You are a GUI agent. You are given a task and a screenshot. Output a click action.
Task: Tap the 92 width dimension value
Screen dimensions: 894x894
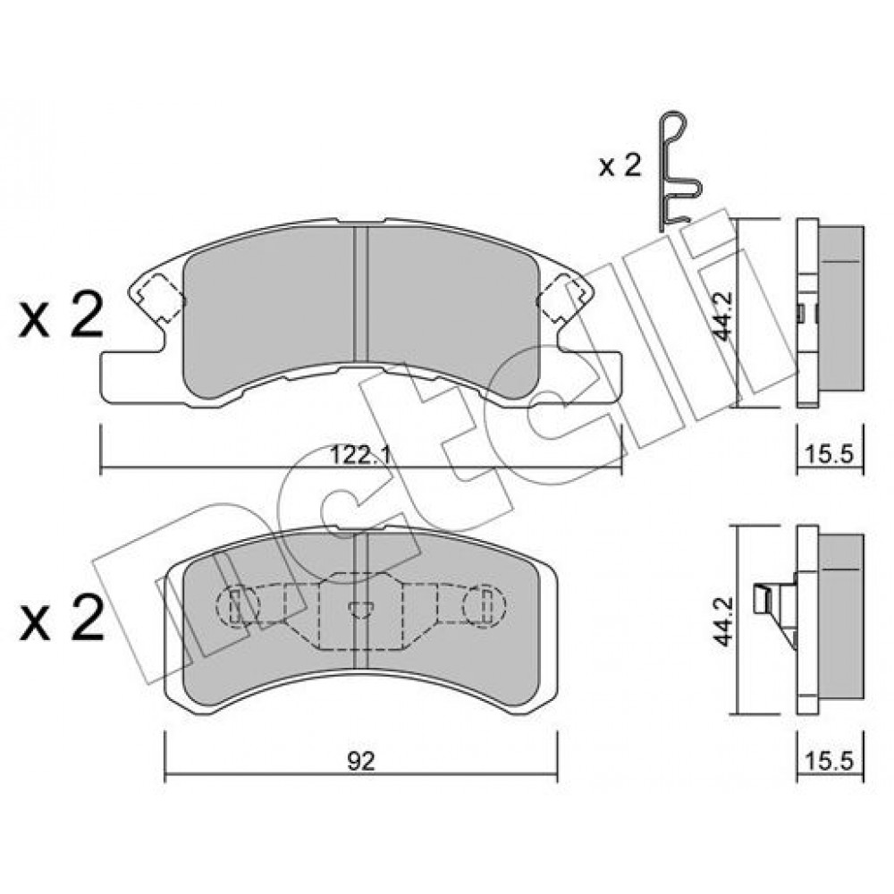coord(361,761)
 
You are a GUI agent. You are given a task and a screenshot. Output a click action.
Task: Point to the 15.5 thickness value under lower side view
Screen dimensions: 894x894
coord(830,761)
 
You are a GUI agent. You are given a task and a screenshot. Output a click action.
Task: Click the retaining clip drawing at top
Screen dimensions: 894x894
coord(679,171)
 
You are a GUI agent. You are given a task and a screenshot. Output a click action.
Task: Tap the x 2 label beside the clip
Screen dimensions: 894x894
coord(620,165)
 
